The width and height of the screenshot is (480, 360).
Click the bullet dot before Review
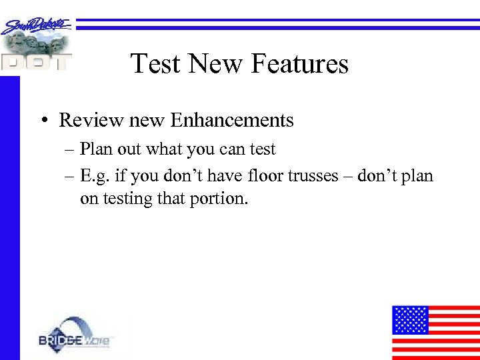(42, 121)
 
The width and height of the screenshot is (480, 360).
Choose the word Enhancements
(231, 120)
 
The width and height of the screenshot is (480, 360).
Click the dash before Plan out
(71, 149)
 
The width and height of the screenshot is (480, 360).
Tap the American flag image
(435, 332)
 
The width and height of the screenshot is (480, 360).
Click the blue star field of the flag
(410, 319)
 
